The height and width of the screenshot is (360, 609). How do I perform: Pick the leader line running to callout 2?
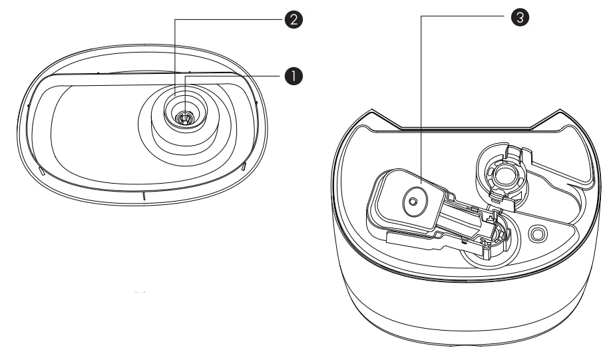coord(226,20)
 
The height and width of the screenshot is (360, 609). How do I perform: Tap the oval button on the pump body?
coord(413,199)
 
